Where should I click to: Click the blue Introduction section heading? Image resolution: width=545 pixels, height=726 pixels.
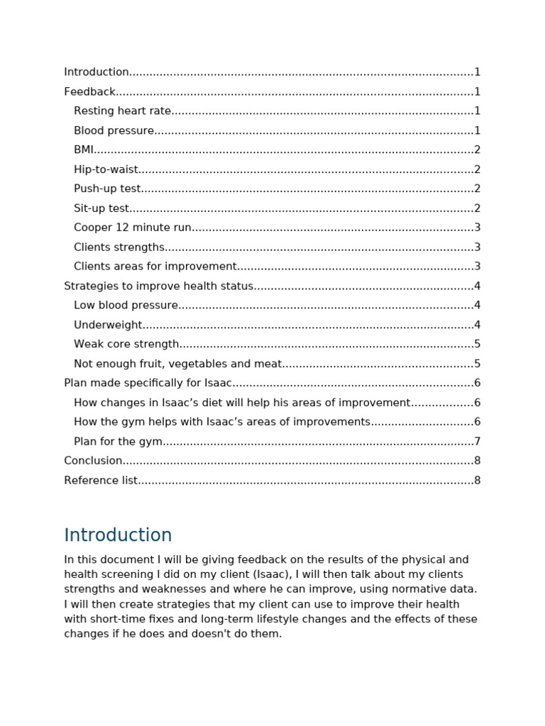coord(118,535)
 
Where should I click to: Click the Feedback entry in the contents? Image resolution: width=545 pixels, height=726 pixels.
coord(89,91)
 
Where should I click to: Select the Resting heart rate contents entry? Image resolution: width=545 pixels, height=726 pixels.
coord(123,111)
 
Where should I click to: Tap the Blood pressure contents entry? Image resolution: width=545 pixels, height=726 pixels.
coord(114,130)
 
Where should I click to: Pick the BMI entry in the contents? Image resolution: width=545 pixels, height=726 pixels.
coord(84,150)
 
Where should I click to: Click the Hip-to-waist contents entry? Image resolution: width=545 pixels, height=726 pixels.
coord(106,169)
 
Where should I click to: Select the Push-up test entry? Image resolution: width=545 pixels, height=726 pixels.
coord(107,189)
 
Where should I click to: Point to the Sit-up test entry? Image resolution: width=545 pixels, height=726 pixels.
coord(101,208)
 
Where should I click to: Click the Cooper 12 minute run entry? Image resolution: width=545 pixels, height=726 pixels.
coord(133,228)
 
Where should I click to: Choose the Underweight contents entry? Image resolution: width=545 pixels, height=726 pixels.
coord(108,325)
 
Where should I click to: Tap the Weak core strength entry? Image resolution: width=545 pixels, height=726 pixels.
coord(126,344)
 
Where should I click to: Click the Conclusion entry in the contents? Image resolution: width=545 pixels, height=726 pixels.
coord(93,461)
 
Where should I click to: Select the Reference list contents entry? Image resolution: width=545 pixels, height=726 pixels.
coord(101,480)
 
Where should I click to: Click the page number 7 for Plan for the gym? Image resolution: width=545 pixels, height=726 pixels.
coord(478,442)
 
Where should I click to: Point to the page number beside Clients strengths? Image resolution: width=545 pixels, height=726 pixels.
coord(478,247)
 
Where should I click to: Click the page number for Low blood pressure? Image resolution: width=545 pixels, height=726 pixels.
coord(478,306)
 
